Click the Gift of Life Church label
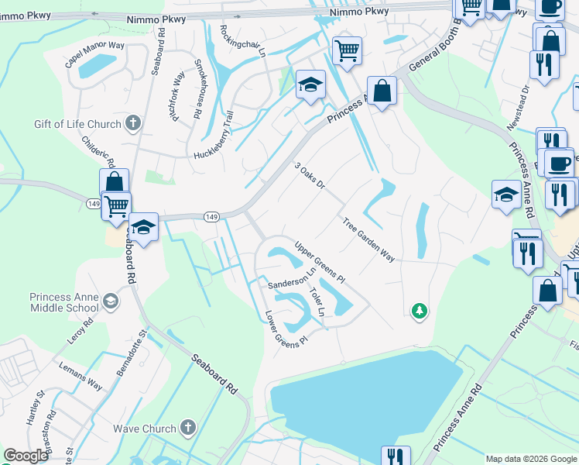click(77, 124)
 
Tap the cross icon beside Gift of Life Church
click(133, 123)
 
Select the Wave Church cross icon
click(187, 428)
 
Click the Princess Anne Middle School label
click(64, 301)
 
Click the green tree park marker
click(419, 311)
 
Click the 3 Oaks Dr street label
click(309, 176)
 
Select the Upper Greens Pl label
click(318, 260)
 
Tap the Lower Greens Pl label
click(286, 328)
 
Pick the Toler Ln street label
click(316, 303)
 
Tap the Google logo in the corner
click(26, 456)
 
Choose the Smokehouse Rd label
click(197, 78)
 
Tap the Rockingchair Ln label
click(242, 41)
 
